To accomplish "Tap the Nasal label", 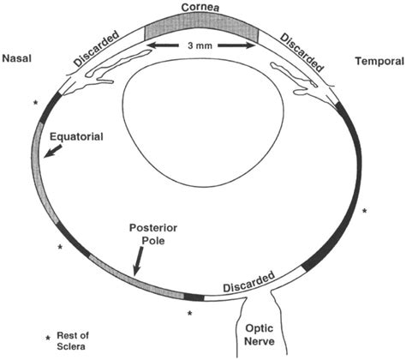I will click(18, 59).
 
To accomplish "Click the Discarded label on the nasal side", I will click(95, 51).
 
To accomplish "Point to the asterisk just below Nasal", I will click(34, 104).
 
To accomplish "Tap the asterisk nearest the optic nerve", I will click(189, 314).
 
